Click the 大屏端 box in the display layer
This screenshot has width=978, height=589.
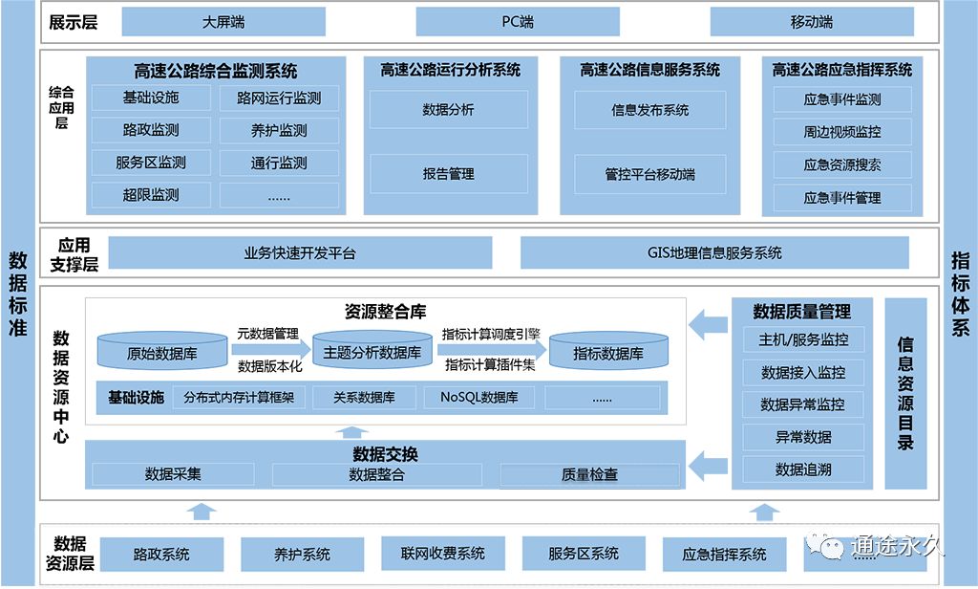pos(223,22)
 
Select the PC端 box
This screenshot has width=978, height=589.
pos(518,22)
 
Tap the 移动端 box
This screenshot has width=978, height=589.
pos(812,22)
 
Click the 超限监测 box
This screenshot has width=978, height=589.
pos(151,195)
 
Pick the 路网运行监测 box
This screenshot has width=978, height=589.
pos(279,98)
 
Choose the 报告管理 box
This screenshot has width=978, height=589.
pos(449,174)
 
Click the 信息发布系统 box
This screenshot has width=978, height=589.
pos(649,110)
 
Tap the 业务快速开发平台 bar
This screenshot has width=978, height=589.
pos(300,253)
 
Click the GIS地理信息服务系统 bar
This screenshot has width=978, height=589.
pos(714,253)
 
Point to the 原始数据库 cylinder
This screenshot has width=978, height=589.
pos(162,352)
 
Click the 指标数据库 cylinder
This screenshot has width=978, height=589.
pos(608,352)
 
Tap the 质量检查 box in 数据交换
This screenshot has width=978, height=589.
pos(589,474)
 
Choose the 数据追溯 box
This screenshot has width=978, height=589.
pos(803,469)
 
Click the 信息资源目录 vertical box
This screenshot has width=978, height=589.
pos(905,392)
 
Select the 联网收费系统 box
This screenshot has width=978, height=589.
pos(443,554)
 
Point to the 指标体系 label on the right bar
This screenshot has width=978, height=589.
pos(961,294)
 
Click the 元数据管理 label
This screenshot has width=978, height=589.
pos(268,334)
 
